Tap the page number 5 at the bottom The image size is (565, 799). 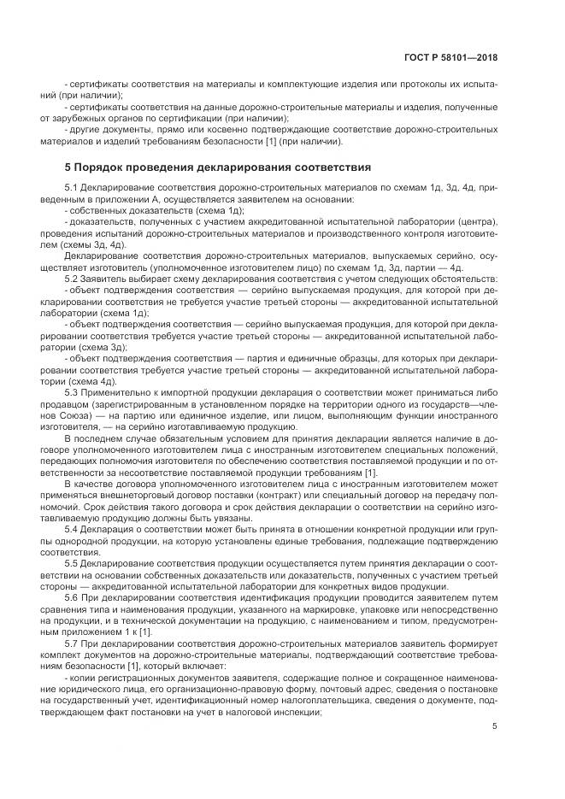496,726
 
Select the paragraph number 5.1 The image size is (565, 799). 74,187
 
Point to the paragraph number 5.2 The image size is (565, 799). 74,280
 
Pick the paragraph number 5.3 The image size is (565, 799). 74,392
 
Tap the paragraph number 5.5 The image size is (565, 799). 74,565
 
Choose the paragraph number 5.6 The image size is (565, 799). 74,598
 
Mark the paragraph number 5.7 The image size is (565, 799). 74,643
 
